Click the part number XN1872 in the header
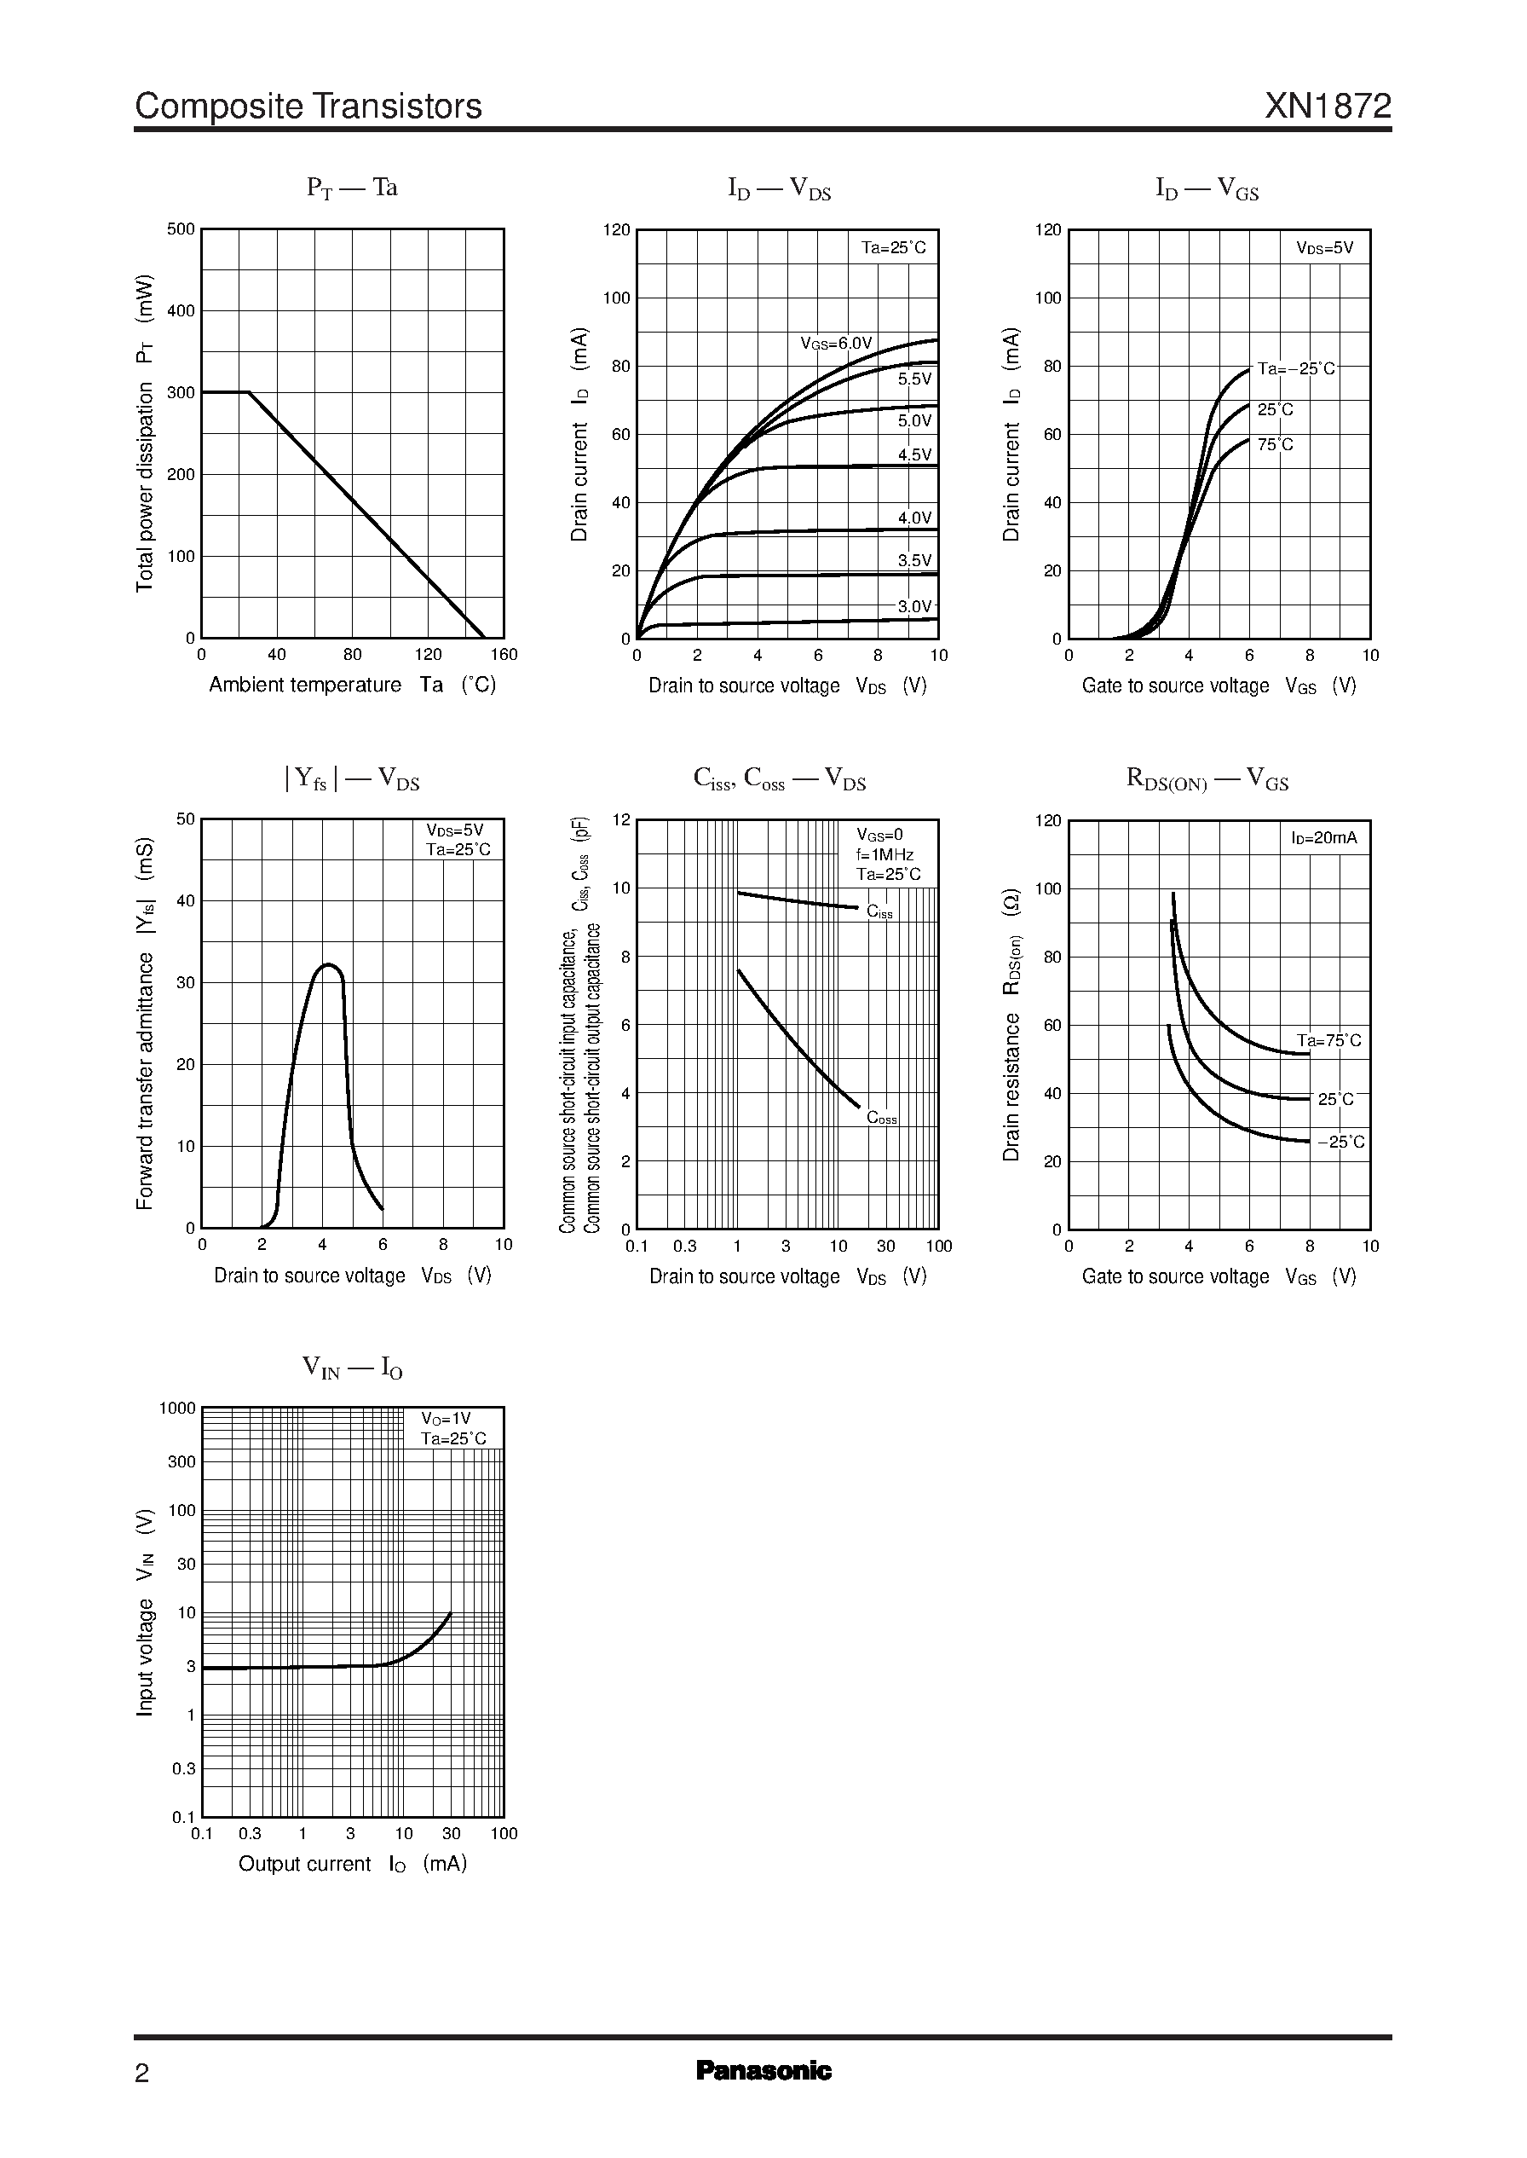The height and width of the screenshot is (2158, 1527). coord(1327,107)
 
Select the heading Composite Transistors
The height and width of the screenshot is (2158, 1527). coord(308,107)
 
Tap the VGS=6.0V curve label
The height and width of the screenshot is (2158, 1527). coord(836,344)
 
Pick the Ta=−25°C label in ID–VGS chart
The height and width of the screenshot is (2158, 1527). coord(1296,368)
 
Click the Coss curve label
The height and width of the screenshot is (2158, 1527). coord(882,1118)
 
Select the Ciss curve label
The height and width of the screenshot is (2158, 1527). coord(879,911)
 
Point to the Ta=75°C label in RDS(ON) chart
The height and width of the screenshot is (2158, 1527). coord(1328,1040)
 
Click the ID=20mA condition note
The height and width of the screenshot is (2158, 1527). coord(1324,837)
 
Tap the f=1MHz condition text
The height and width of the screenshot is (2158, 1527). coord(884,855)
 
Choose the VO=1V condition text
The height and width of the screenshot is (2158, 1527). coord(446,1419)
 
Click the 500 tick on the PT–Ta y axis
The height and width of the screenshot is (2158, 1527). coord(181,229)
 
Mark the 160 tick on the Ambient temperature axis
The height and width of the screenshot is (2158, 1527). coord(504,655)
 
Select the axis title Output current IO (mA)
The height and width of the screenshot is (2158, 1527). coord(353,1864)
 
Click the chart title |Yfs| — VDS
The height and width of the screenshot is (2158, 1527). coord(352,779)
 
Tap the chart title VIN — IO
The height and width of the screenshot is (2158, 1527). coord(353,1367)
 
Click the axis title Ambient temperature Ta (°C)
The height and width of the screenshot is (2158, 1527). coord(353,685)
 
